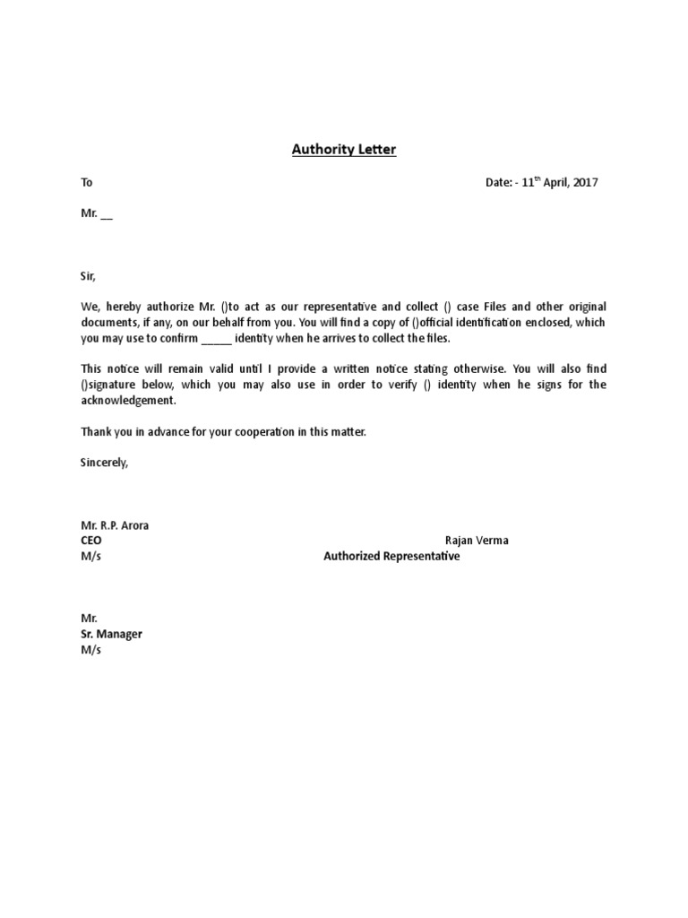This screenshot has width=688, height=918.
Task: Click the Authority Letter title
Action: click(x=344, y=150)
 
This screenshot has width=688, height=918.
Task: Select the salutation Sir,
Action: click(x=88, y=278)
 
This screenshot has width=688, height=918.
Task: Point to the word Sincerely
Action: click(x=105, y=463)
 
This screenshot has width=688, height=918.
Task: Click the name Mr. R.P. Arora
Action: click(x=115, y=525)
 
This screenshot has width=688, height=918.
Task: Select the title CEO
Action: click(x=91, y=541)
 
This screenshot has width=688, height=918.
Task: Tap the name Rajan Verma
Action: click(x=477, y=541)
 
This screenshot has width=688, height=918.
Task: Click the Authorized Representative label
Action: click(x=391, y=557)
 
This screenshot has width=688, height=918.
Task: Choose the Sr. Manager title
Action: click(x=111, y=635)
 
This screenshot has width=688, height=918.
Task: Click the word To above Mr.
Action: click(x=87, y=183)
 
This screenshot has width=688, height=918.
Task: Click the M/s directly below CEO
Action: click(x=91, y=557)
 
